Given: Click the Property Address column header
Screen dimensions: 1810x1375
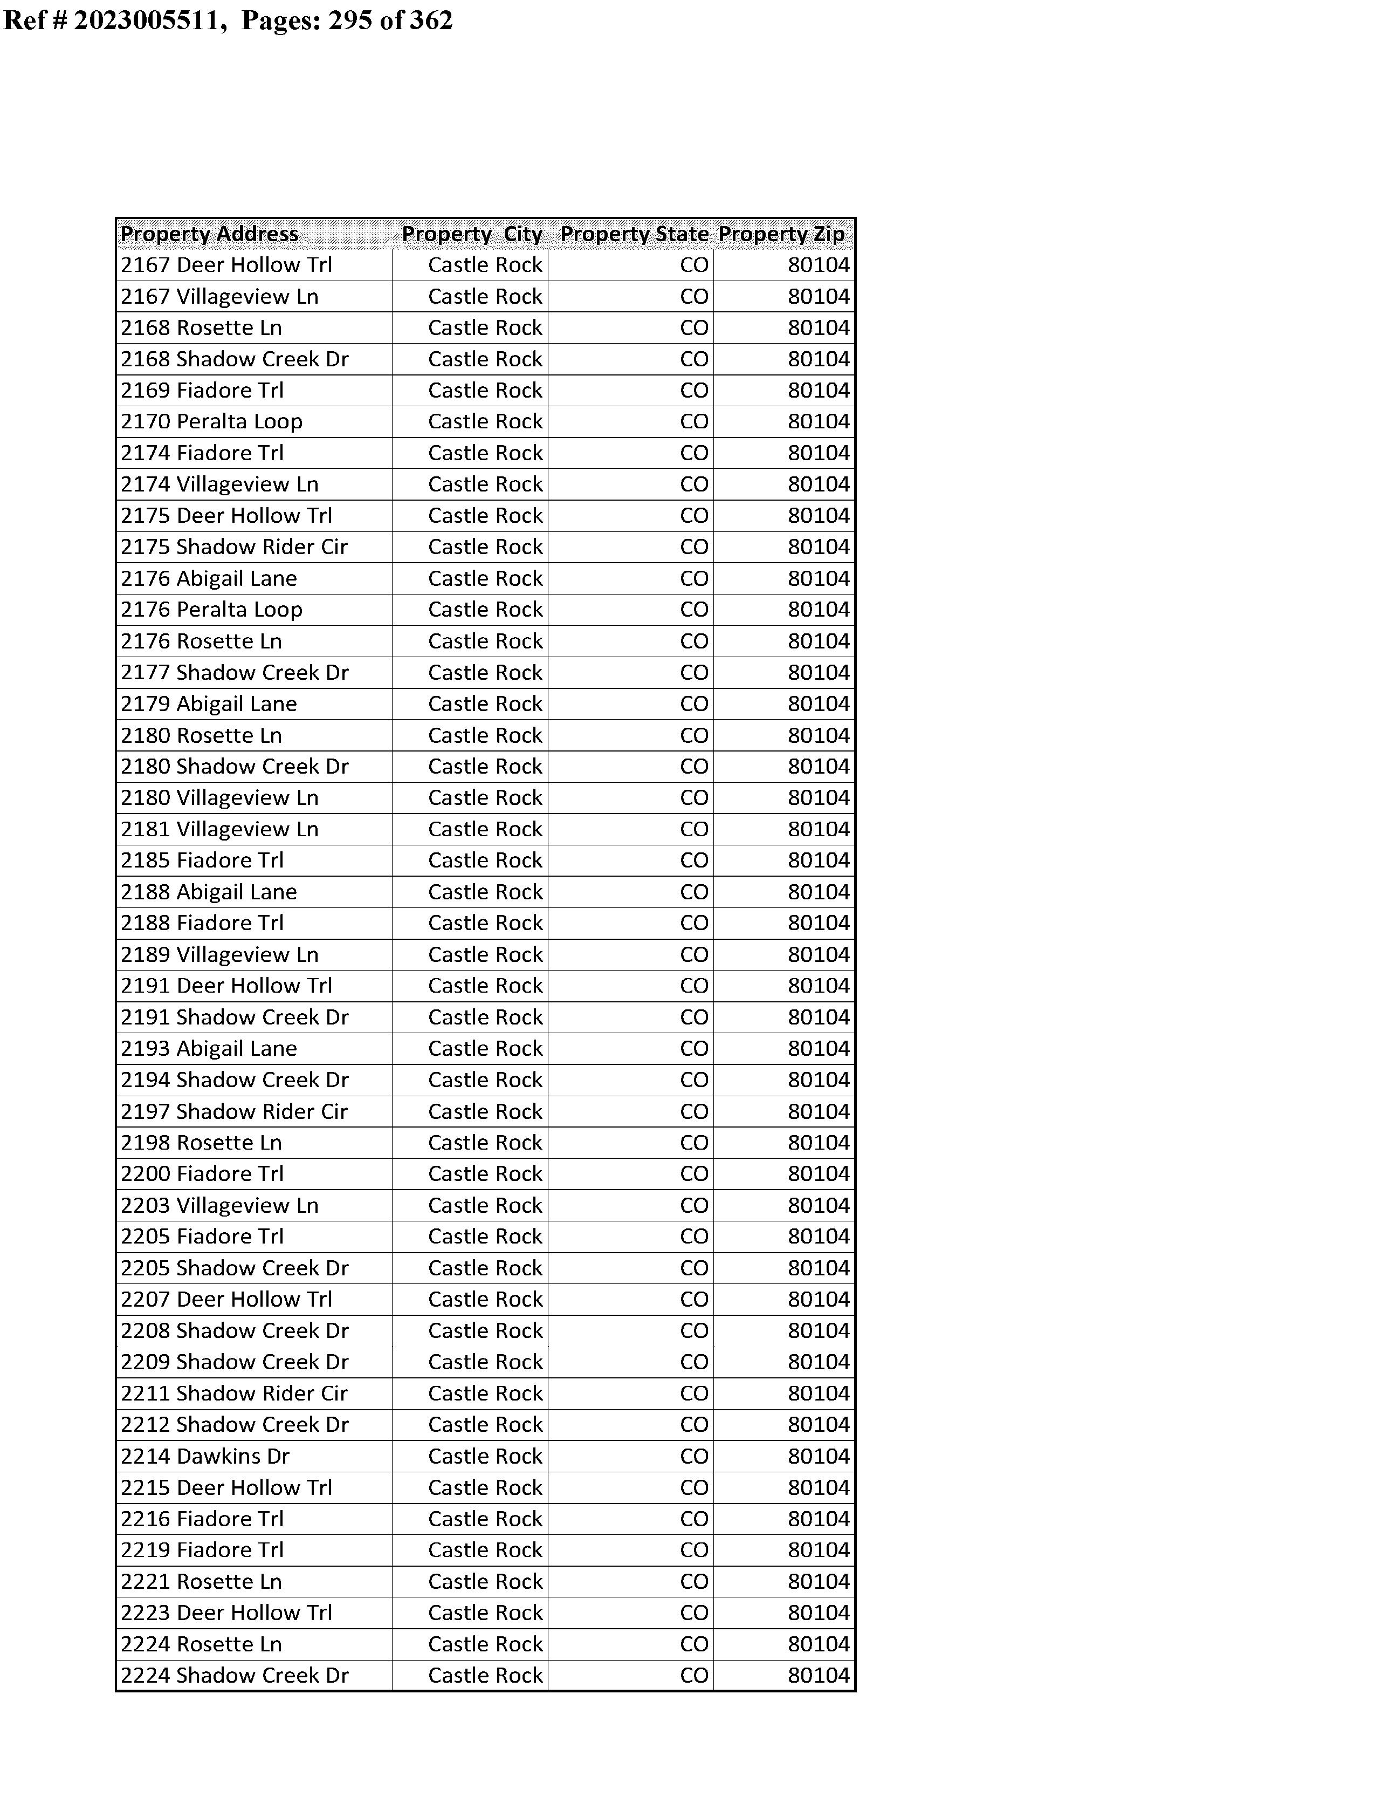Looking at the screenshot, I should (x=210, y=234).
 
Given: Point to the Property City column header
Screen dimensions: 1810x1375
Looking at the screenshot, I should (x=472, y=234).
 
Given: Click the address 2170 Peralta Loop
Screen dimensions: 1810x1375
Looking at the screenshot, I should (x=212, y=421).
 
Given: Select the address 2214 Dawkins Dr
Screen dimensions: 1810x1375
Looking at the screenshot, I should (x=205, y=1456).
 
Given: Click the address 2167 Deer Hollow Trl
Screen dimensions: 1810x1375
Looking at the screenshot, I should (x=226, y=265).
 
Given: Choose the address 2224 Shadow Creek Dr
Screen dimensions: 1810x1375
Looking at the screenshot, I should (x=235, y=1676).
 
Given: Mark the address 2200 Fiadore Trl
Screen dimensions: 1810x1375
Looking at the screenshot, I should (x=202, y=1174).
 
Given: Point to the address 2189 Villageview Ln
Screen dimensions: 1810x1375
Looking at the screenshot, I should (x=219, y=954).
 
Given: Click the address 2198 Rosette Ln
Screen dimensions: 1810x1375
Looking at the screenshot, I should (x=201, y=1143).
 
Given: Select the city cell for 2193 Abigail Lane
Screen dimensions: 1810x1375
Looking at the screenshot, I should (x=485, y=1049).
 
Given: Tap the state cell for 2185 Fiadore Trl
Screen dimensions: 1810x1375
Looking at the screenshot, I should (x=694, y=860).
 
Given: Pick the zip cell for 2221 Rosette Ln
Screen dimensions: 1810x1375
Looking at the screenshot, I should (x=819, y=1582).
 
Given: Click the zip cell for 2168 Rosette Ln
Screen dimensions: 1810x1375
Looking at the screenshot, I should (x=819, y=328).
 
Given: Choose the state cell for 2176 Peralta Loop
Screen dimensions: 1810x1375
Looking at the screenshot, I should (x=694, y=610).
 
